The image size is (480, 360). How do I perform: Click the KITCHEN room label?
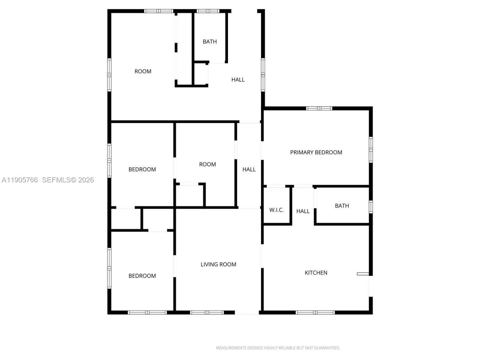pos(316,273)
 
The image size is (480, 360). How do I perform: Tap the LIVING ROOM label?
pos(218,264)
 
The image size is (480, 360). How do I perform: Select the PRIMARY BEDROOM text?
pos(316,152)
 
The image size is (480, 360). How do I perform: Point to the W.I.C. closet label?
pos(276,210)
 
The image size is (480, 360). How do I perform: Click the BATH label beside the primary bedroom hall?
pos(342,206)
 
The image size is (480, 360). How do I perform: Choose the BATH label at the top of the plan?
pos(210,42)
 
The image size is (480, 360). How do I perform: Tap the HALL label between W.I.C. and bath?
pos(303,211)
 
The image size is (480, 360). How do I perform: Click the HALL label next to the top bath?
pos(238,79)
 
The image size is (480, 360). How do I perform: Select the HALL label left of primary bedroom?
pos(249,169)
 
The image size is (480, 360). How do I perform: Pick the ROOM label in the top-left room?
pos(143,71)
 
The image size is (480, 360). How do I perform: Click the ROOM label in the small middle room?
pos(207,164)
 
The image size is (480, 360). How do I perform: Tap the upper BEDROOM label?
pos(142,169)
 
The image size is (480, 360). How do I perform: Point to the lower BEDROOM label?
pos(142,276)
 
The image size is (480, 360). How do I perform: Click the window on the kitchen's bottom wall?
pos(315,312)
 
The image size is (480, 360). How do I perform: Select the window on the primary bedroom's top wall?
pos(319,108)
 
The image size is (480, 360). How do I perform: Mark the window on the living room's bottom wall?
pos(207,312)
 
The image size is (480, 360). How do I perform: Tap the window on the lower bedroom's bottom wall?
pos(147,312)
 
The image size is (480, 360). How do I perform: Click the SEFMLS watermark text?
pos(68,180)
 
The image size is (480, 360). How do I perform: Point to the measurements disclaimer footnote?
pos(277,348)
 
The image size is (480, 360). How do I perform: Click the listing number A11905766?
pos(20,180)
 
